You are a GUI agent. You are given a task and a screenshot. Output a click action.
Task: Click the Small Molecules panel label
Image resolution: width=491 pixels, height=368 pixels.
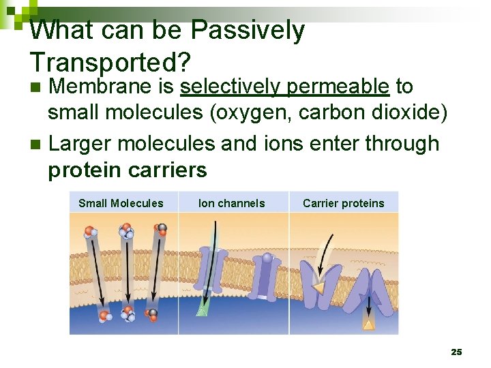(x=121, y=203)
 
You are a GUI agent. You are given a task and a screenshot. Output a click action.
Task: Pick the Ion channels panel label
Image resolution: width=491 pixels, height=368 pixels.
(x=231, y=203)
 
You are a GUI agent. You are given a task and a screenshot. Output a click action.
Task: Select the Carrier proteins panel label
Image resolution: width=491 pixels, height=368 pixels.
(x=343, y=203)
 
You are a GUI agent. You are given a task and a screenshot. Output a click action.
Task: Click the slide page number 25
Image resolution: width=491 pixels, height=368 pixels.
(x=456, y=352)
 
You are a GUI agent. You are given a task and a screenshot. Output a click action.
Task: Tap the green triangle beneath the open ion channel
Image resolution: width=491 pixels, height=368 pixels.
(x=202, y=310)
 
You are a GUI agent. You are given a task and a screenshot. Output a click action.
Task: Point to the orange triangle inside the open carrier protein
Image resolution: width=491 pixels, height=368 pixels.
(x=318, y=290)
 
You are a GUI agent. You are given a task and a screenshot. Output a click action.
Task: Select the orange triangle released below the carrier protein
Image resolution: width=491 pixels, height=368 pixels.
(x=369, y=324)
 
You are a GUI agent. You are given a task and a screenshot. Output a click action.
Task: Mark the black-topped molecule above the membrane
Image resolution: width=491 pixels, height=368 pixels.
(x=162, y=228)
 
